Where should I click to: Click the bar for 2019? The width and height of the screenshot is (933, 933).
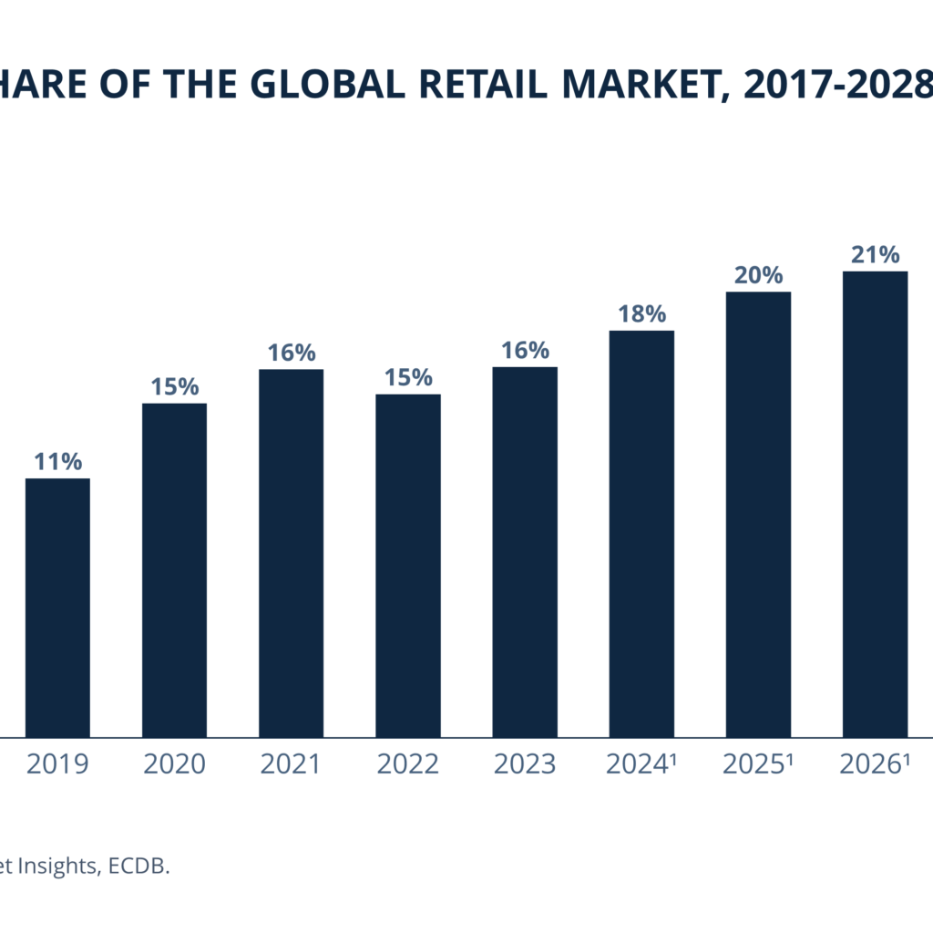[x=57, y=607]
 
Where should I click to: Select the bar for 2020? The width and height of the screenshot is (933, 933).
[x=174, y=569]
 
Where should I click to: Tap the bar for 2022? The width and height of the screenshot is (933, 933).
[x=408, y=565]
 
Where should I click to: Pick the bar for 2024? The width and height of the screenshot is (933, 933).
[x=641, y=533]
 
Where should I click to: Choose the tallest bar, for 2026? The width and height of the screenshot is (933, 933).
[x=875, y=504]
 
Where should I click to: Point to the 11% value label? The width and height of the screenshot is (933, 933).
[x=57, y=461]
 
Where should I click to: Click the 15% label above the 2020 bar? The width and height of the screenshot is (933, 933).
[x=175, y=386]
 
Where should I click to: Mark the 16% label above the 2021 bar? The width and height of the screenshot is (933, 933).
[x=292, y=353]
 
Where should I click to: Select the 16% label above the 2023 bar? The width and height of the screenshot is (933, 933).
[x=525, y=351]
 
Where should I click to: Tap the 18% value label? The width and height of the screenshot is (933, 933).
[x=641, y=314]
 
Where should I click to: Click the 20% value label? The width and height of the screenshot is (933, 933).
[x=758, y=275]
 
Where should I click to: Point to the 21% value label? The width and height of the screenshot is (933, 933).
[x=875, y=254]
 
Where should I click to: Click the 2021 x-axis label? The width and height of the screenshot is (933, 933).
[x=291, y=764]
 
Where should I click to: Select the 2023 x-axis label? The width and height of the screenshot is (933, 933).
[x=524, y=764]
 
